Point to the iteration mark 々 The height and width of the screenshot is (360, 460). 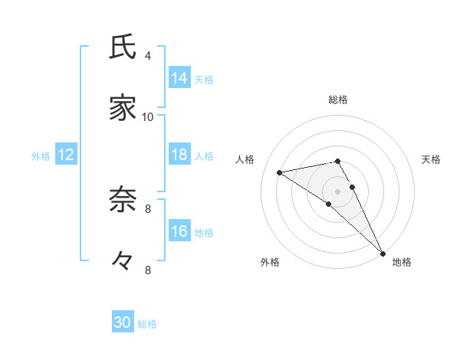(x=123, y=261)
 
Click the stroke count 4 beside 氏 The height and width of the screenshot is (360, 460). (x=148, y=55)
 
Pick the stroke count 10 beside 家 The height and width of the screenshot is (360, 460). (x=148, y=116)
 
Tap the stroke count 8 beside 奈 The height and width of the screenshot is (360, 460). (x=148, y=208)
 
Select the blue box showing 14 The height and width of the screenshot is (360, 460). (x=179, y=78)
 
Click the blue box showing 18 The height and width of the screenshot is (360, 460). (x=179, y=155)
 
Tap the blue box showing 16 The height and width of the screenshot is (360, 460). (x=179, y=231)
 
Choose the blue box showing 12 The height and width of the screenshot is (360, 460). (x=66, y=155)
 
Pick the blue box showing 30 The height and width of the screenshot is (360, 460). (x=123, y=322)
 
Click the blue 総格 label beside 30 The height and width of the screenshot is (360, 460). (x=147, y=324)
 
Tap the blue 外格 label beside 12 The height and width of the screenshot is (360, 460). (x=41, y=156)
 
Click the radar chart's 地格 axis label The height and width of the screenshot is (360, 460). (x=402, y=262)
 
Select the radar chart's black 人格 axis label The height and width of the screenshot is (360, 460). (x=246, y=159)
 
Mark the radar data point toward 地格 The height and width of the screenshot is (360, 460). (x=383, y=252)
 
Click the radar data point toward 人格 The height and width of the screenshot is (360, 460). (x=280, y=172)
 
